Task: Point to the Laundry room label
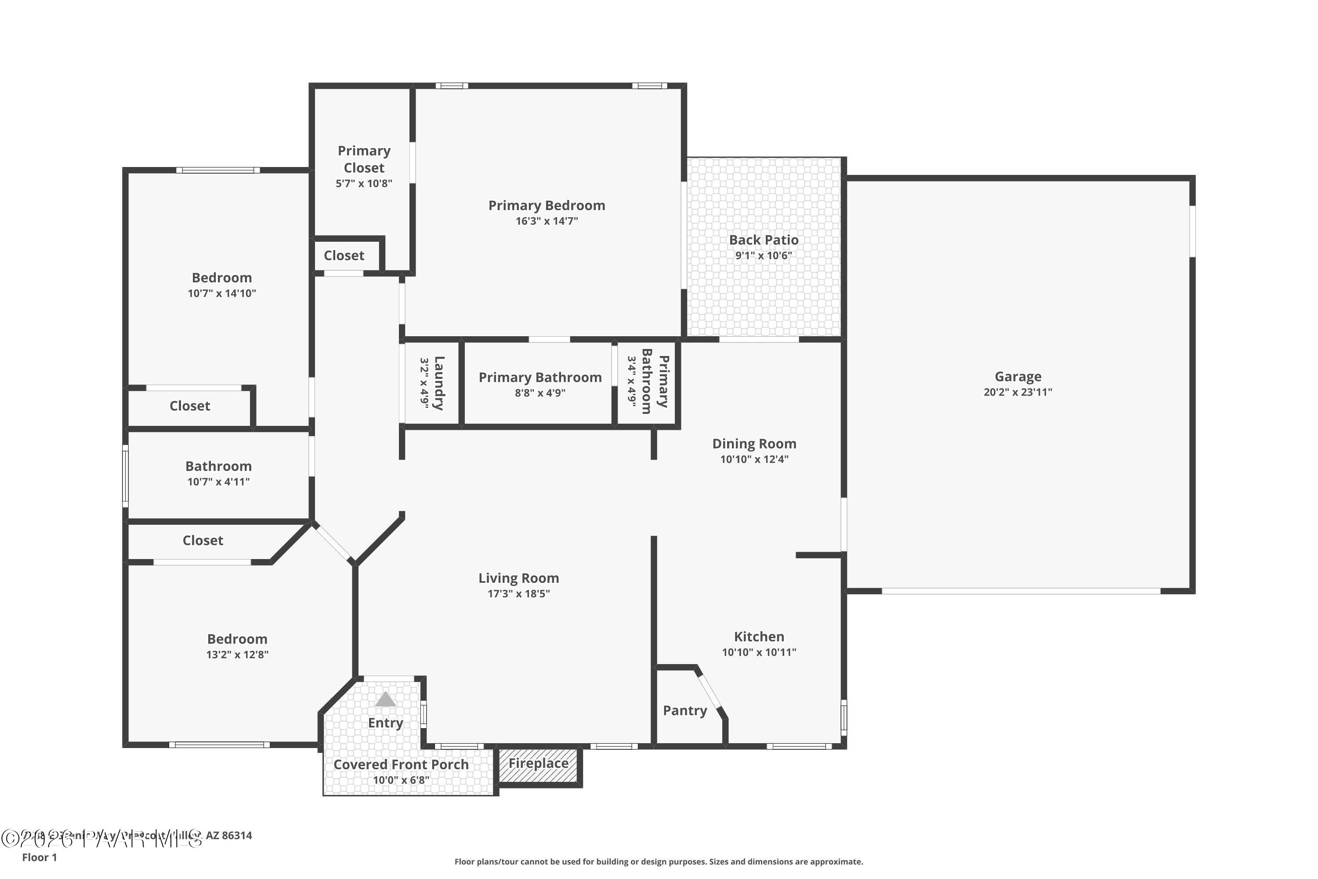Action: (439, 383)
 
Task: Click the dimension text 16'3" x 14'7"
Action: (547, 222)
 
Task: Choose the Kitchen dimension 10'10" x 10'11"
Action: (759, 652)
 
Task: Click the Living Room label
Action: (518, 578)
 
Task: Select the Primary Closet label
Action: (364, 159)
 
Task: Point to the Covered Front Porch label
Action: (401, 765)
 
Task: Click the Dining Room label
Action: (754, 444)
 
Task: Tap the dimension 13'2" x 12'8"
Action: (237, 655)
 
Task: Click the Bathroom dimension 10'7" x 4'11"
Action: (218, 482)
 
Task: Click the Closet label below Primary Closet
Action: (344, 256)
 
